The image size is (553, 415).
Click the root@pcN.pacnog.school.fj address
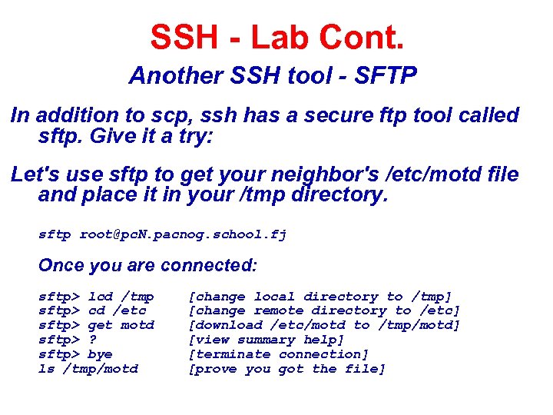183,234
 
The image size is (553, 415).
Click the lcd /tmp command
121,297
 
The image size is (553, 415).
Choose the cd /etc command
118,310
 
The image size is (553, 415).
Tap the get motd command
121,325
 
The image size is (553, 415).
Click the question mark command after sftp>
92,340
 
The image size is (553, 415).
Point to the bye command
101,354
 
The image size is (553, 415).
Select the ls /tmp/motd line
88,369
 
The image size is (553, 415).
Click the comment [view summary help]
267,340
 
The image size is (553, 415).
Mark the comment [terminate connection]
279,354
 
